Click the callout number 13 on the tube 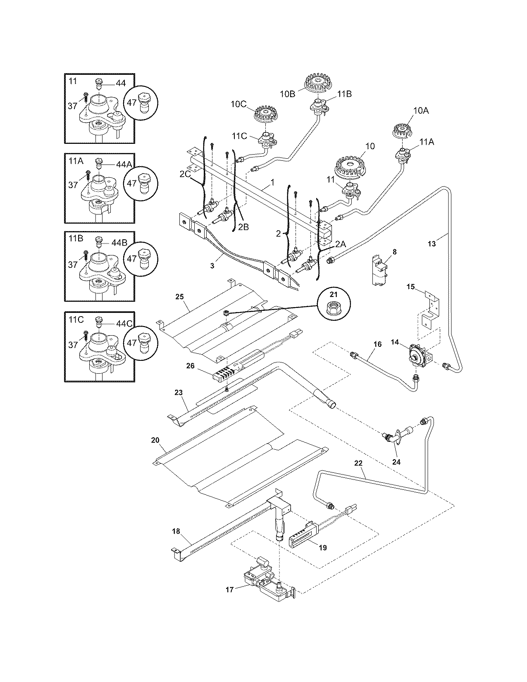pyautogui.click(x=431, y=244)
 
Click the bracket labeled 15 pyautogui.click(x=430, y=306)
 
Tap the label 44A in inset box pyautogui.click(x=124, y=164)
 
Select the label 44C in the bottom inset pyautogui.click(x=124, y=324)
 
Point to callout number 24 pyautogui.click(x=396, y=462)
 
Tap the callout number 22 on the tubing pyautogui.click(x=359, y=463)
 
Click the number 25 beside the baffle pyautogui.click(x=179, y=296)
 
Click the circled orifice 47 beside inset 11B pyautogui.click(x=141, y=260)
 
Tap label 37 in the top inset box pyautogui.click(x=73, y=106)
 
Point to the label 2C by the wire pyautogui.click(x=184, y=174)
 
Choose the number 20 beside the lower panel pyautogui.click(x=155, y=440)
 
